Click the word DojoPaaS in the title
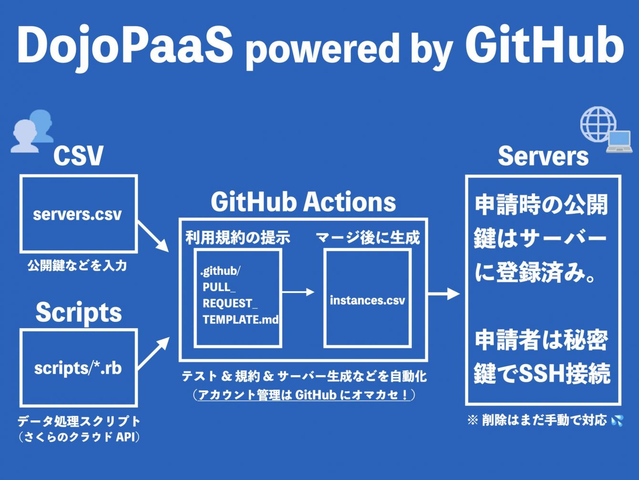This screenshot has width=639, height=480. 125,45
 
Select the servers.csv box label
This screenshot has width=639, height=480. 78,214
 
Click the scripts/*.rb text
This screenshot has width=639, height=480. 78,368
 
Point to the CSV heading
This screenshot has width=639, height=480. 78,156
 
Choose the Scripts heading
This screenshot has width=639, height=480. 79,312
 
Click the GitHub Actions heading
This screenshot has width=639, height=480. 303,202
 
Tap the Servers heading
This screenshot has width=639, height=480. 543,156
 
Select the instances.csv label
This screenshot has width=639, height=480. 367,300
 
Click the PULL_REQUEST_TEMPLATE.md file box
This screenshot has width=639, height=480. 237,298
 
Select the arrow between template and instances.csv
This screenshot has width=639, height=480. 299,292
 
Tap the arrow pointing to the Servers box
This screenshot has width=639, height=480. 444,293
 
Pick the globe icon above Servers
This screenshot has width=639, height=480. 598,124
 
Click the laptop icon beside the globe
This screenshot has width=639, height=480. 619,142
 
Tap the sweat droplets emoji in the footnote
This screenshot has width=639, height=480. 617,420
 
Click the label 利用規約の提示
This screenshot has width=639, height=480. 237,237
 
